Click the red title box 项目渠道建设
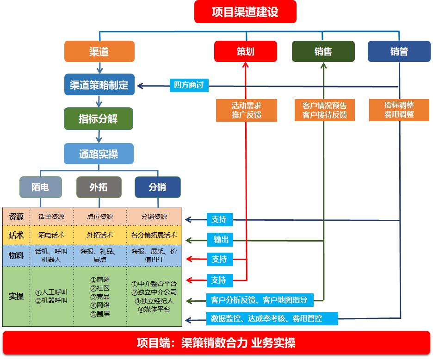click(245, 12)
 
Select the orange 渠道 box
click(99, 51)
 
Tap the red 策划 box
click(245, 51)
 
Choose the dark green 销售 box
click(323, 51)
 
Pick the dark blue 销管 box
click(399, 51)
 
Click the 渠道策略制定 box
click(99, 85)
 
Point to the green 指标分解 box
click(98, 119)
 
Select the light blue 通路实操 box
click(99, 154)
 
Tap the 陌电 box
click(40, 187)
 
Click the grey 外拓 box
click(99, 187)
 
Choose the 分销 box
click(157, 187)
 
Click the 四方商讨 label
click(189, 85)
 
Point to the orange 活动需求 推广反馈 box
click(246, 110)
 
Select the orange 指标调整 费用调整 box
click(399, 110)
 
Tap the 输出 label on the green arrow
click(221, 240)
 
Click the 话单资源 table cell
click(51, 217)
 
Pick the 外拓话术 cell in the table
click(100, 235)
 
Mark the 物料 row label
click(16, 255)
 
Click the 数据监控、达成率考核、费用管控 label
click(272, 318)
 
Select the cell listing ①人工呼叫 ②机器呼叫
click(51, 296)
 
